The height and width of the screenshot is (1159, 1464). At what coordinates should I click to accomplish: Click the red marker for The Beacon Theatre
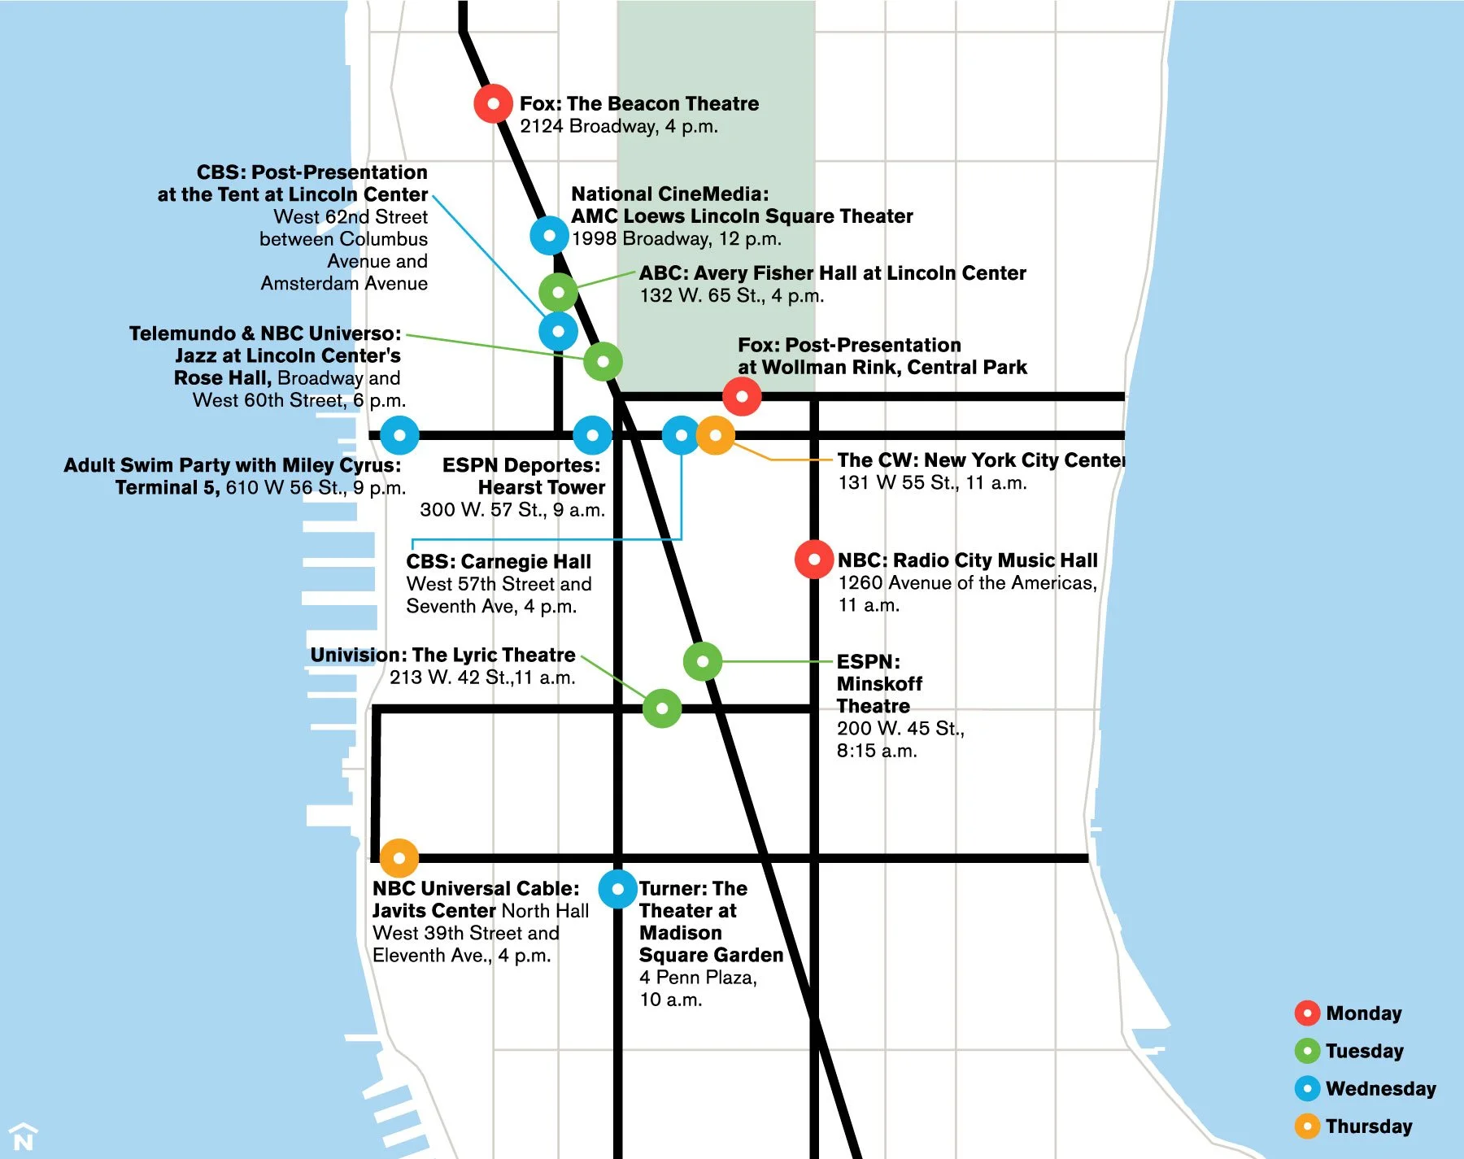coord(493,103)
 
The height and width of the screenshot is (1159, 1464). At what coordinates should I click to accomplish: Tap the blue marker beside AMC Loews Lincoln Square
coord(550,236)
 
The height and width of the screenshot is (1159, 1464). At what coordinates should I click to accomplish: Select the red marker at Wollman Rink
coord(742,397)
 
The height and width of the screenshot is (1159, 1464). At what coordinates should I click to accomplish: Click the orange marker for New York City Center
coord(716,435)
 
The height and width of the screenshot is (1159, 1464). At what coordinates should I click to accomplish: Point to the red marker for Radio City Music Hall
coord(814,560)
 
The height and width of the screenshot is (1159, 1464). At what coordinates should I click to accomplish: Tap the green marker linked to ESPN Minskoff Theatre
coord(703,661)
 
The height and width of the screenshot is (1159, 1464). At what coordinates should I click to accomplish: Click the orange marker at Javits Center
coord(399,858)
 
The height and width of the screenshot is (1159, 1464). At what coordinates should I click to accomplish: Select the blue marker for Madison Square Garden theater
coord(618,889)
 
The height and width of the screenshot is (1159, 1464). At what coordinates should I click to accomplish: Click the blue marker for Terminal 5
coord(399,435)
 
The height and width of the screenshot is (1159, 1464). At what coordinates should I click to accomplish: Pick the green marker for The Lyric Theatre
coord(662,708)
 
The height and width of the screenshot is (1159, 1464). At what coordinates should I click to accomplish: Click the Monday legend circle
coord(1307,1013)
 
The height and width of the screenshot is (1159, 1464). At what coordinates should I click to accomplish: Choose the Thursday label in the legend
coord(1369,1126)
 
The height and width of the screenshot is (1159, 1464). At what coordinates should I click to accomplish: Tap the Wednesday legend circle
coord(1307,1088)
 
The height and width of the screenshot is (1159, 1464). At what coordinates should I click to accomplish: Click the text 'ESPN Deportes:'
coord(521,465)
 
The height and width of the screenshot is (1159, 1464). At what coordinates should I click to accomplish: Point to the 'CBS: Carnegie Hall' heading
coord(499,562)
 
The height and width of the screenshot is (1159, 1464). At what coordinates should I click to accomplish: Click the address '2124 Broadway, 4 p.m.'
coord(619,127)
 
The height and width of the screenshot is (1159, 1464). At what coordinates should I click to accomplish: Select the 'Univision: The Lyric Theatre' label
coord(442,656)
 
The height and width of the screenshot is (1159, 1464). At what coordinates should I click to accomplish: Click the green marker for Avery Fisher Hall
coord(559,292)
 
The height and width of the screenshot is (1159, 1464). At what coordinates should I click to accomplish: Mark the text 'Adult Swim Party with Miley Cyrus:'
coord(233,465)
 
